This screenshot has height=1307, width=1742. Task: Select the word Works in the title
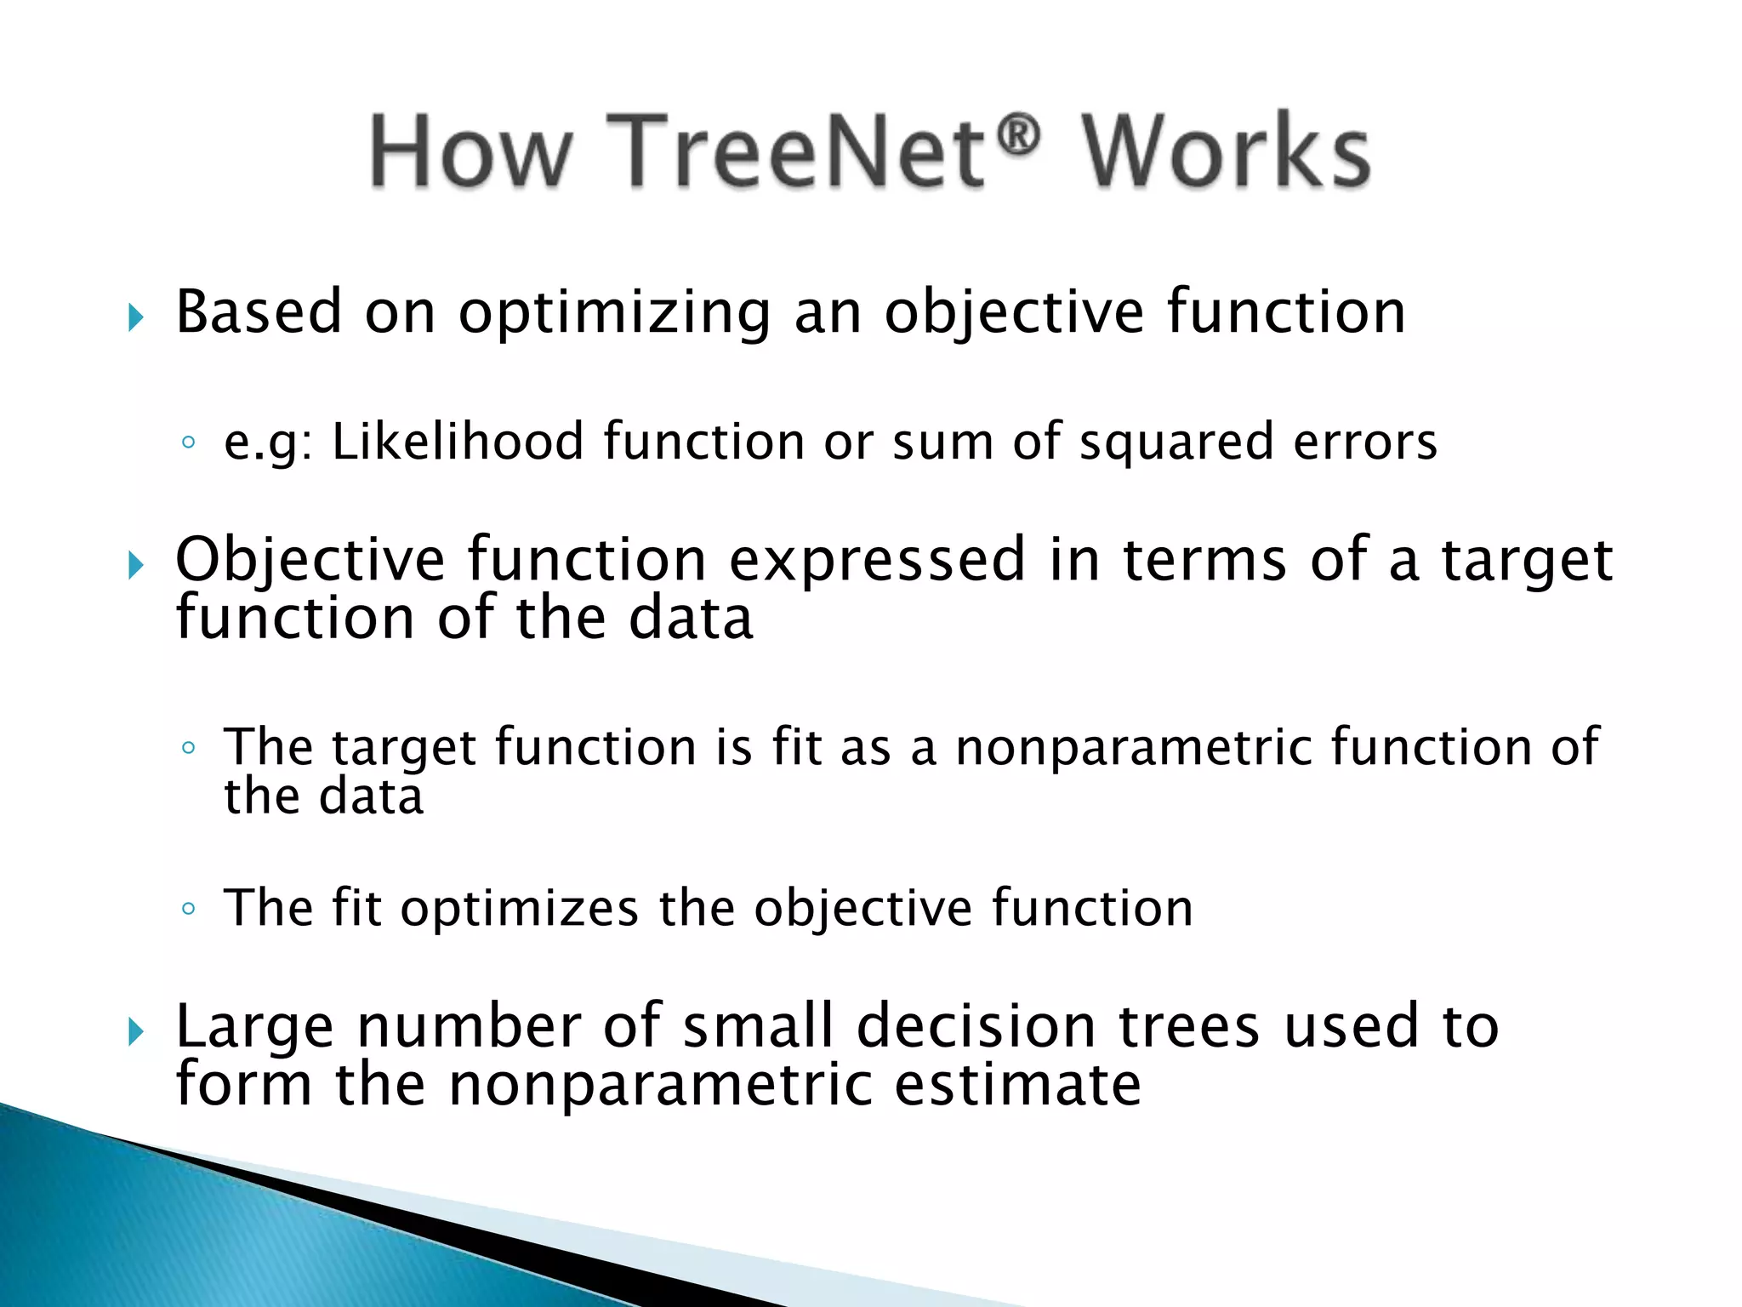[1226, 151]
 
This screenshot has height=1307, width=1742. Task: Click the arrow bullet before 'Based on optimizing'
[136, 317]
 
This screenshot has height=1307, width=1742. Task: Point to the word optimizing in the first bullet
[614, 313]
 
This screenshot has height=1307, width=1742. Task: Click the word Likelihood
[458, 442]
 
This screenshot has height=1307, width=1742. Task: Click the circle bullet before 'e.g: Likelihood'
[189, 442]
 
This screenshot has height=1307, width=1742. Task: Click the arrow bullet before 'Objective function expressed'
[136, 564]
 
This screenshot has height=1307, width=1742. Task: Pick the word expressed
[877, 561]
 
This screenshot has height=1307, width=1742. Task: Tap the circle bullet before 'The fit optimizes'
[189, 909]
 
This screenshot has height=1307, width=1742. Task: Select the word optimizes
[519, 909]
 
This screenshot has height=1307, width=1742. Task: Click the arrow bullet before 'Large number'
[136, 1032]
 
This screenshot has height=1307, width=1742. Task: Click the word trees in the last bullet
[1187, 1026]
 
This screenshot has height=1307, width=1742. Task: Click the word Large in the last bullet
[254, 1028]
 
